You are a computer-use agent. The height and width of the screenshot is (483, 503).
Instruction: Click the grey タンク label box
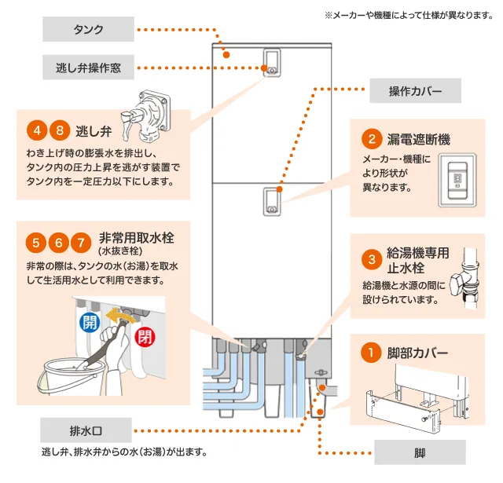pyautogui.click(x=89, y=31)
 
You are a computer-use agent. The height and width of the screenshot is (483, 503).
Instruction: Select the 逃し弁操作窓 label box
pyautogui.click(x=89, y=67)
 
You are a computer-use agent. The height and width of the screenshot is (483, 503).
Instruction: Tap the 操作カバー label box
pyautogui.click(x=415, y=91)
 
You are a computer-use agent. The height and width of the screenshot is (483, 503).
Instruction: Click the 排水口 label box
pyautogui.click(x=86, y=430)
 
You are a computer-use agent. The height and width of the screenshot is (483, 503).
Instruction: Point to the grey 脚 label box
pyautogui.click(x=420, y=452)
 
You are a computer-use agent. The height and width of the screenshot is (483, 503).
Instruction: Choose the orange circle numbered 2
pyautogui.click(x=370, y=140)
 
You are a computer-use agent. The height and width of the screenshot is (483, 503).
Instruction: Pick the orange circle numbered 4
pyautogui.click(x=35, y=130)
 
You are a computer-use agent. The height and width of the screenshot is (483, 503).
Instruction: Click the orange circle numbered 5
pyautogui.click(x=35, y=240)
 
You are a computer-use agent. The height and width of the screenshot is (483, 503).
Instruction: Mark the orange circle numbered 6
pyautogui.click(x=57, y=240)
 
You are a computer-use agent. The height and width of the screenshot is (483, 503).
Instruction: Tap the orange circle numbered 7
pyautogui.click(x=79, y=240)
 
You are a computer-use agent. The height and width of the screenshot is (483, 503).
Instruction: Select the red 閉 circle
pyautogui.click(x=145, y=337)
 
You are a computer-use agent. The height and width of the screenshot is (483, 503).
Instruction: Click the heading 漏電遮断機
pyautogui.click(x=417, y=140)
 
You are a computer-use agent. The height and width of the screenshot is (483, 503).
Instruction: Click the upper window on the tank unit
pyautogui.click(x=272, y=60)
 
